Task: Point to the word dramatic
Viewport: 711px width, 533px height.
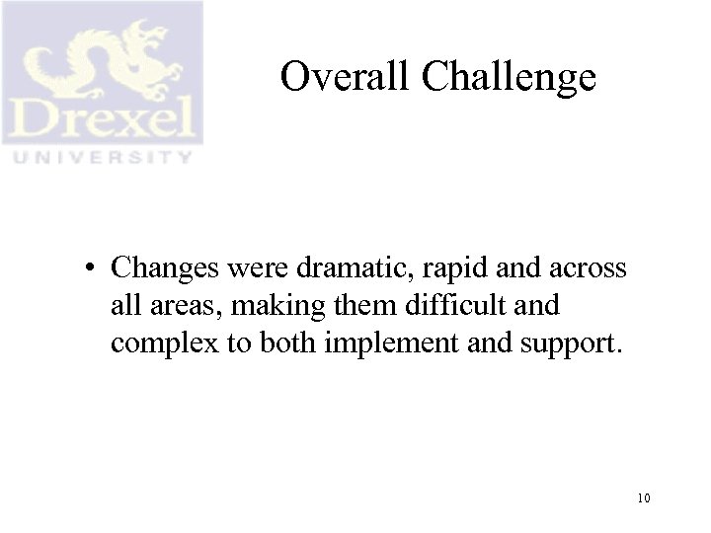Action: pyautogui.click(x=339, y=268)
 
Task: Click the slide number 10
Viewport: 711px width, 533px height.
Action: pyautogui.click(x=643, y=498)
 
